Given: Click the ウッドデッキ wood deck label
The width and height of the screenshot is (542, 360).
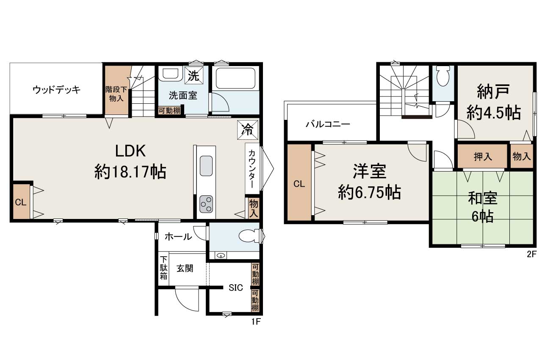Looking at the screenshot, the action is (56, 90).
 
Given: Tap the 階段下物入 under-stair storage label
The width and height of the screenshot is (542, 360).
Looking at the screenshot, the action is (116, 94).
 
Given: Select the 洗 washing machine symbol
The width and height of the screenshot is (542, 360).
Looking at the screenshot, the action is (194, 76).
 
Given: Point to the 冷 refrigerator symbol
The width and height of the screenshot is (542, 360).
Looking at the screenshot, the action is (248, 130).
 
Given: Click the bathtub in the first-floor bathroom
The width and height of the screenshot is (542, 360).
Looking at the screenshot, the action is (235, 78).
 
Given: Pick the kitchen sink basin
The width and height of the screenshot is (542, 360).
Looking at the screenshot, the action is (206, 166).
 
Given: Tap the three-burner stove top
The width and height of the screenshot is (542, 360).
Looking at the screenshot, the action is (206, 204).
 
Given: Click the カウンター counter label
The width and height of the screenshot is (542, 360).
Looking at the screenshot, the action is (252, 169).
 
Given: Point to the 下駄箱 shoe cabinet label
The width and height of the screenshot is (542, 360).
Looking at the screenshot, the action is (163, 268).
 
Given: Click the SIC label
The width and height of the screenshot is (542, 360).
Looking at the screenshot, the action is (236, 288).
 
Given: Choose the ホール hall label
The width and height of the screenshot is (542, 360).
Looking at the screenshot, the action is (178, 237).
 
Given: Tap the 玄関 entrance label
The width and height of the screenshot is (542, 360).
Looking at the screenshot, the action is (185, 269).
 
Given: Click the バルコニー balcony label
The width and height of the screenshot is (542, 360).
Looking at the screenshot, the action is (328, 125).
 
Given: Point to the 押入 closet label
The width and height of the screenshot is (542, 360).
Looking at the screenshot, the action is (483, 157).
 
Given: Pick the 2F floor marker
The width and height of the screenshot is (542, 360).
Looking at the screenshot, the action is (531, 254).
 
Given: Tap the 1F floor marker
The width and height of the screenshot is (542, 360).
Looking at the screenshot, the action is (256, 321).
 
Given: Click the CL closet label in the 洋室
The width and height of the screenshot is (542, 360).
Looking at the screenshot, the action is (299, 184).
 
